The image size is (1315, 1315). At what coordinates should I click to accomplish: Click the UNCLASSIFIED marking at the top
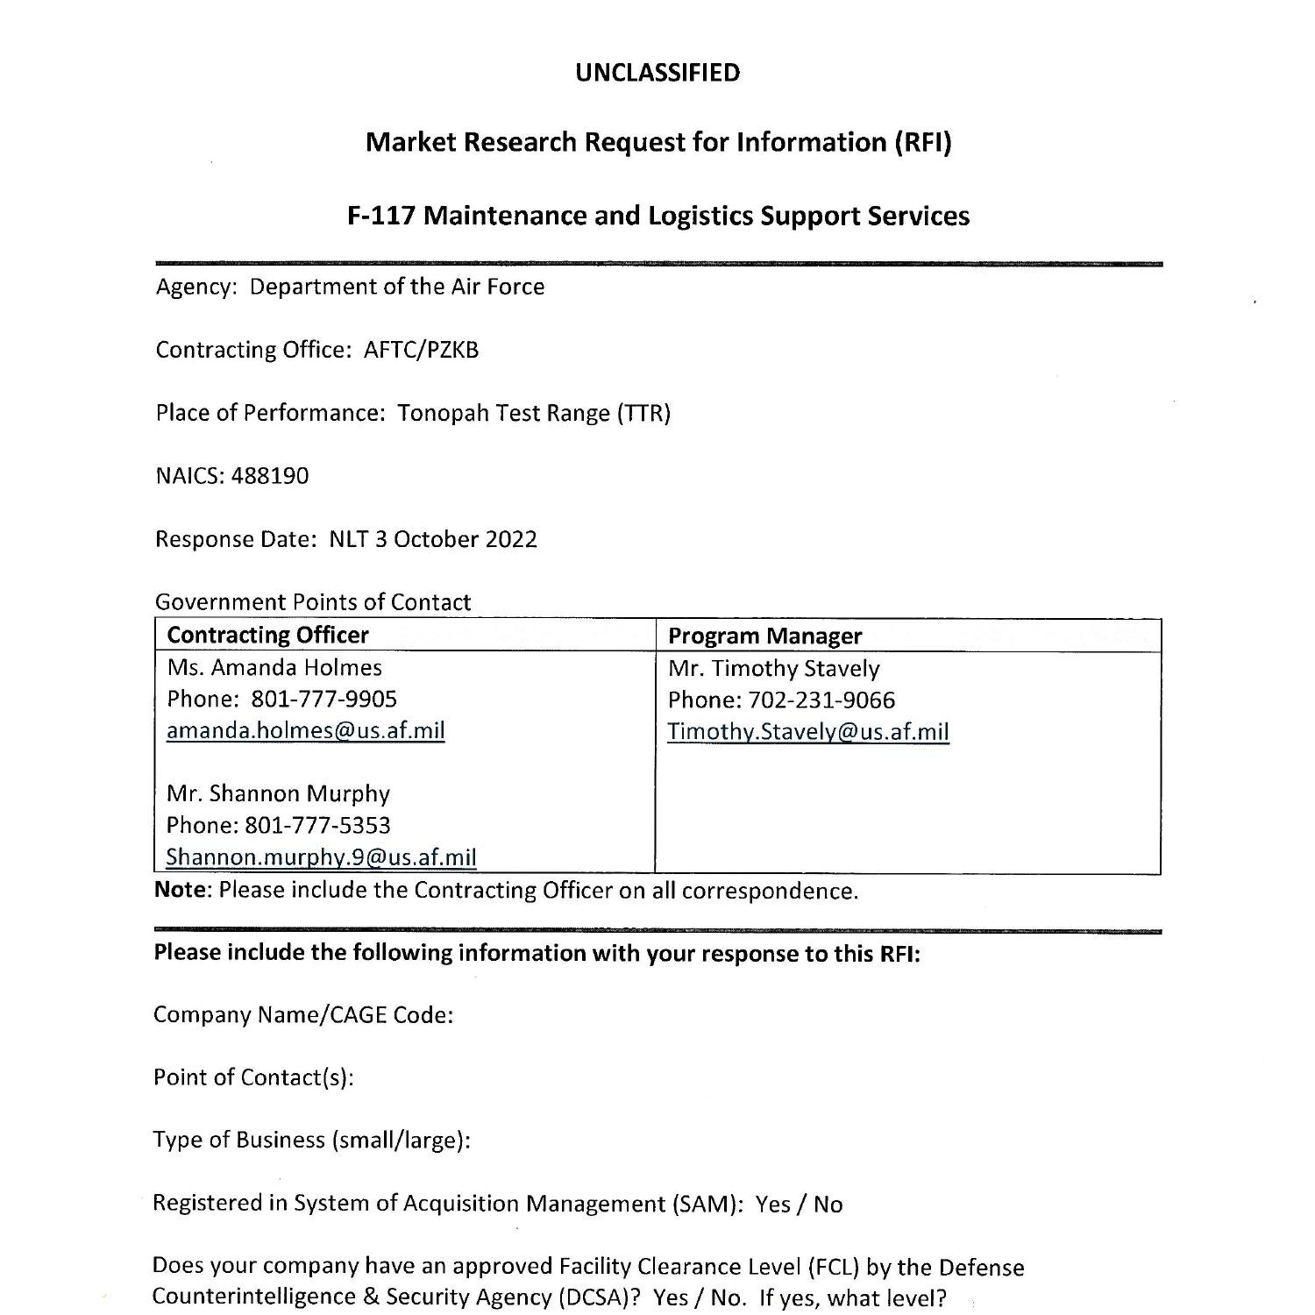[657, 73]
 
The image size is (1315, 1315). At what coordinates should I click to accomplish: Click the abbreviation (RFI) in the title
[922, 142]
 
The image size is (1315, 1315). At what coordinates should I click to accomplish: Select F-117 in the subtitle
[381, 216]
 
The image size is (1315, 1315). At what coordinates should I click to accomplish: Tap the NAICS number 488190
[269, 476]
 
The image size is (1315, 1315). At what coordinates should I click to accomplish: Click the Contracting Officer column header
[267, 635]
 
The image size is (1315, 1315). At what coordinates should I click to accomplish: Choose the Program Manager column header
[764, 636]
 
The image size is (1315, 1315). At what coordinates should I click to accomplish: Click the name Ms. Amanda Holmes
[274, 668]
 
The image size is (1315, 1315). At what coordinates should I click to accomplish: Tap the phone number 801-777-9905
[323, 699]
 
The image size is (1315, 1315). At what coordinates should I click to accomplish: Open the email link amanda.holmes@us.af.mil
[305, 730]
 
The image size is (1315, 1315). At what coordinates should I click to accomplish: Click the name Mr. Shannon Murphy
[278, 793]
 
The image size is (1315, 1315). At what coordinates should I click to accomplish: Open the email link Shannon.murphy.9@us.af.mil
[321, 857]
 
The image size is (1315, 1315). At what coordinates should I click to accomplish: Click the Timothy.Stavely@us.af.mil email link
[807, 732]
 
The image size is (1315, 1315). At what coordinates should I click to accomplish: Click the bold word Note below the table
[181, 891]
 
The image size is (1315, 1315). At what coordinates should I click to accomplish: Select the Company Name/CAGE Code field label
[302, 1015]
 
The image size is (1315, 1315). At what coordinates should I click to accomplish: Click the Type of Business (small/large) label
[311, 1141]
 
